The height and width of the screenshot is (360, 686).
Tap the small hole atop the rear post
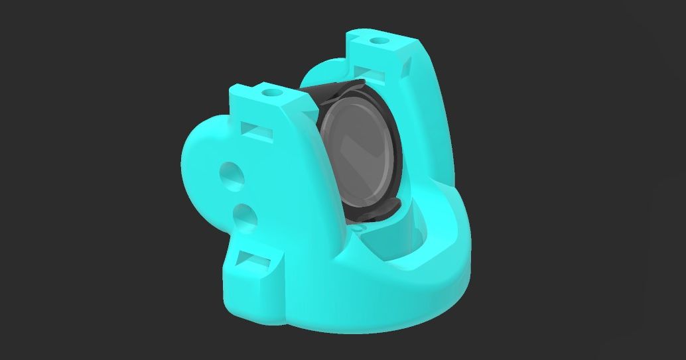point(379,42)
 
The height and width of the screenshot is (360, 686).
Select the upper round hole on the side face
point(231,174)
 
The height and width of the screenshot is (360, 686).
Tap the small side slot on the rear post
point(406,64)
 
